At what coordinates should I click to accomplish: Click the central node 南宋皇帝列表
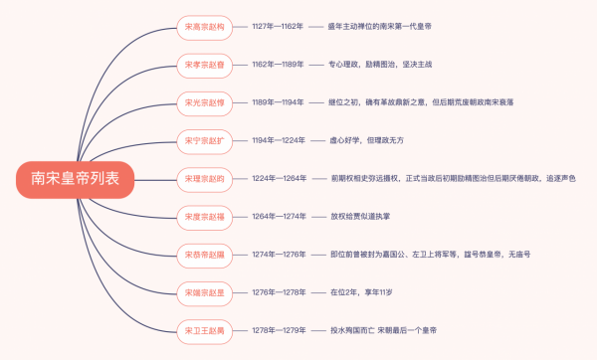click(75, 178)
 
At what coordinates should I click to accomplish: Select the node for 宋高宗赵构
click(205, 27)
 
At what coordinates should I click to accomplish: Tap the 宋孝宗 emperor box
click(205, 65)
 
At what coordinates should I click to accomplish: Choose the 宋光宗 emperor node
click(205, 102)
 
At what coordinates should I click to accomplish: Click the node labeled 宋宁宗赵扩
click(205, 140)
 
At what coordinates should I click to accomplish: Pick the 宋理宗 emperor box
click(205, 178)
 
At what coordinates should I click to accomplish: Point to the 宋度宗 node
click(205, 216)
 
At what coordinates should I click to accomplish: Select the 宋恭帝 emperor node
click(205, 254)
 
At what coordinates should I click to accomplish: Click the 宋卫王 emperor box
click(205, 329)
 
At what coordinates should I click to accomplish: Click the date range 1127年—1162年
click(278, 27)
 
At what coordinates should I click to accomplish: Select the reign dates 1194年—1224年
click(278, 140)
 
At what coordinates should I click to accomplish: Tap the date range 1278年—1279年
click(278, 329)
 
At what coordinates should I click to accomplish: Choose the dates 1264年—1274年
click(278, 216)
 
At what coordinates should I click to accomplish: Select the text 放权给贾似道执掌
click(364, 216)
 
